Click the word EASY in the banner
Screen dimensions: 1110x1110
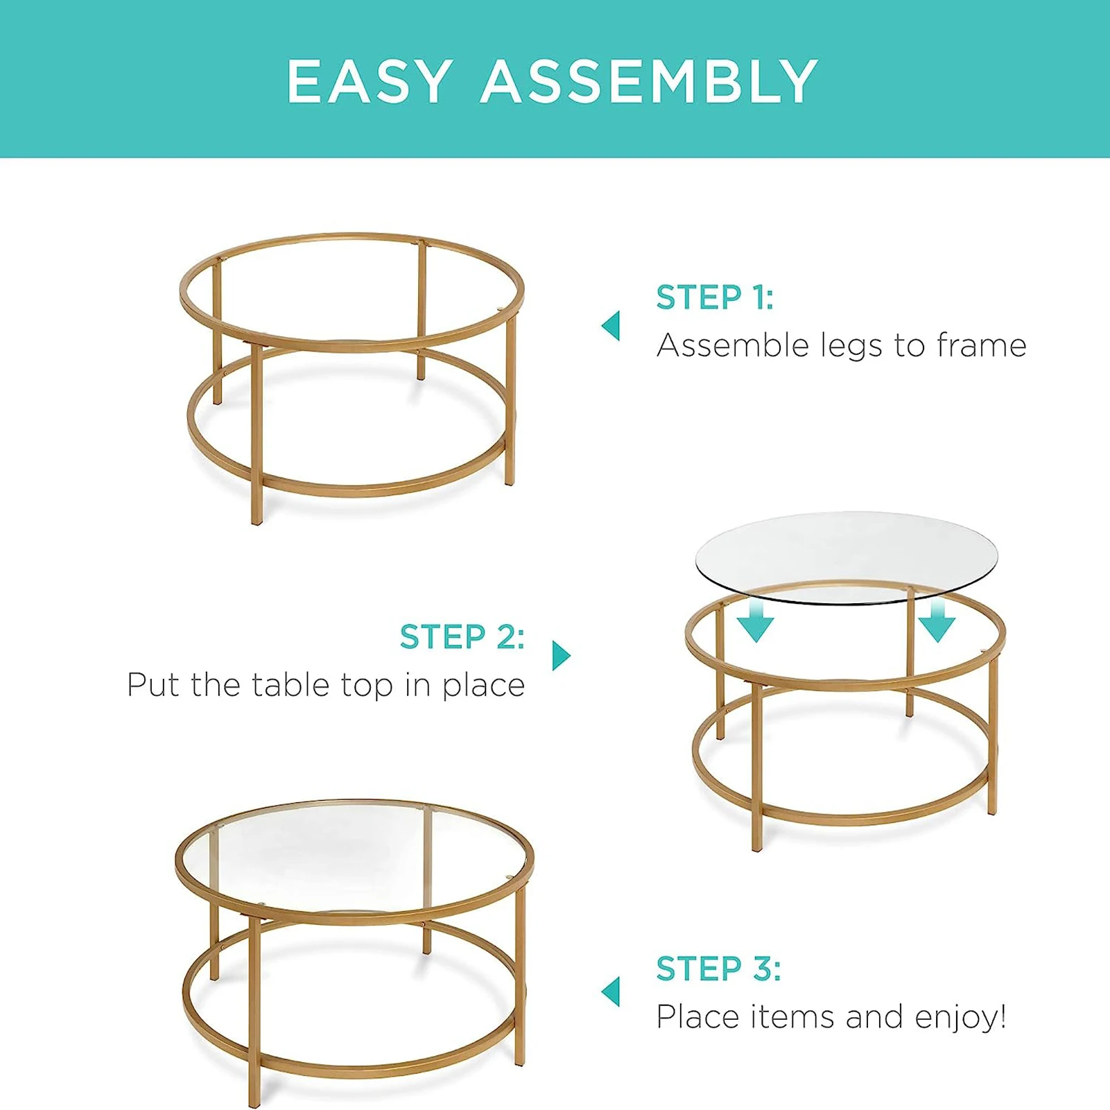pyautogui.click(x=370, y=82)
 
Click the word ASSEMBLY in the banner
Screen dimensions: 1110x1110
pyautogui.click(x=650, y=82)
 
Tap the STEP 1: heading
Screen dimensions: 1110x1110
pyautogui.click(x=715, y=297)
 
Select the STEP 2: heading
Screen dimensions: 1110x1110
pyautogui.click(x=462, y=636)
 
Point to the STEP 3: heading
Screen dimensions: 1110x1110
pyautogui.click(x=718, y=969)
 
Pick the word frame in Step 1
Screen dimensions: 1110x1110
pyautogui.click(x=981, y=345)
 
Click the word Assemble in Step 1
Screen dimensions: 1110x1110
pyautogui.click(x=732, y=345)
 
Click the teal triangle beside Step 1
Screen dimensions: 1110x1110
pyautogui.click(x=612, y=325)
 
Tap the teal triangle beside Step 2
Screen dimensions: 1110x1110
pyautogui.click(x=560, y=655)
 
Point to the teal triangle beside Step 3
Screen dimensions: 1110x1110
pyautogui.click(x=612, y=991)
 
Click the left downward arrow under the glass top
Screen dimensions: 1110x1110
pyautogui.click(x=755, y=623)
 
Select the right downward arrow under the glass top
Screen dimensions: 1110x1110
pyautogui.click(x=937, y=623)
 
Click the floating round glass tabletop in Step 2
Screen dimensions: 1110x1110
pyautogui.click(x=846, y=548)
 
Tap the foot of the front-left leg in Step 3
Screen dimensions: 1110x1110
pyautogui.click(x=254, y=1102)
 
